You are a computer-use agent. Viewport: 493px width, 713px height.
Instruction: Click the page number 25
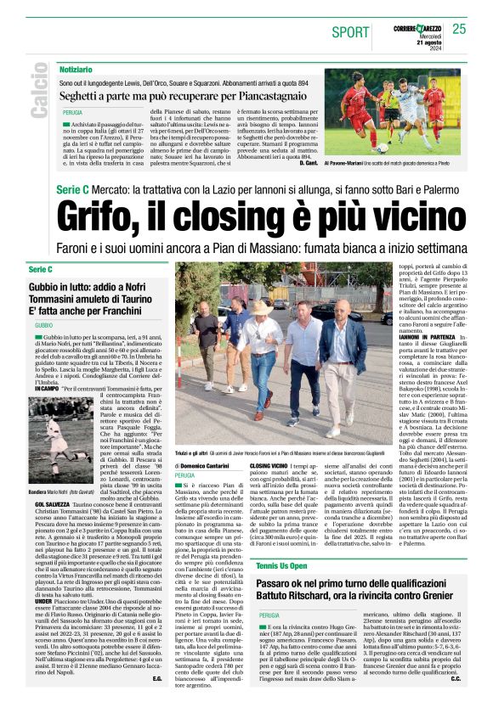coord(459,29)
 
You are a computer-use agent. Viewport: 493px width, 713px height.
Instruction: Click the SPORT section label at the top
coord(350,32)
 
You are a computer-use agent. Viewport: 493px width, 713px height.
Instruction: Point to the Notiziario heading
coord(76,69)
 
